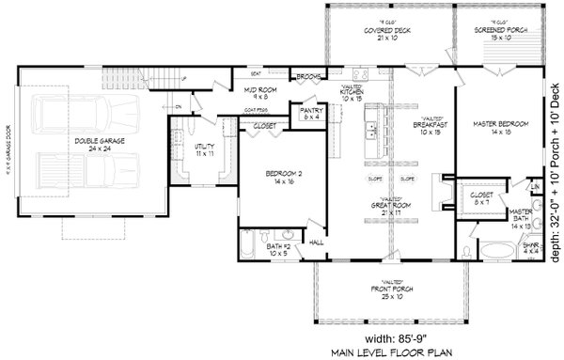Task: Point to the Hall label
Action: (316, 241)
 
